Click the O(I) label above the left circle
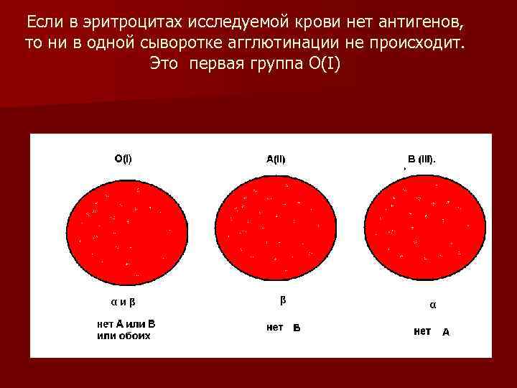[x=123, y=159]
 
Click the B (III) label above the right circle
[x=421, y=160]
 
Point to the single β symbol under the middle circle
[x=281, y=300]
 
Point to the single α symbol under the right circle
[x=432, y=305]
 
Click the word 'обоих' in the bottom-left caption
[x=135, y=335]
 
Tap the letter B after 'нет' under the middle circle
[x=297, y=328]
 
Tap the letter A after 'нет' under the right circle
[x=446, y=332]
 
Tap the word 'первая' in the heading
[x=215, y=63]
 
